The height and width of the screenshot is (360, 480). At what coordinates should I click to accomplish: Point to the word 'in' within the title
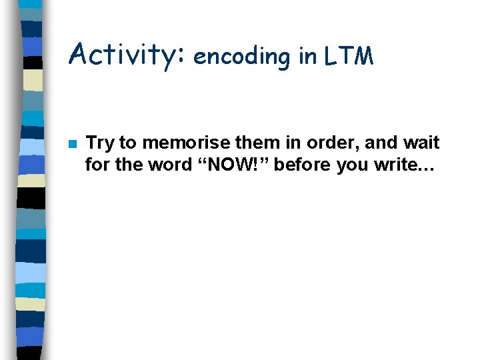(307, 57)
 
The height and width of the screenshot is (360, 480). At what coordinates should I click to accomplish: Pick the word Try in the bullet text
(101, 143)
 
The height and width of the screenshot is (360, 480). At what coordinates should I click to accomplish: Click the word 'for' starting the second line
(97, 165)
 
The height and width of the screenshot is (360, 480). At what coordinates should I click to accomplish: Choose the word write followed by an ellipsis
(397, 165)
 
